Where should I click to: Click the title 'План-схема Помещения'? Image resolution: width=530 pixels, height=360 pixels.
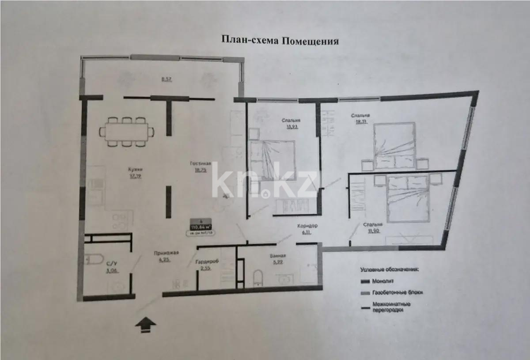(280, 42)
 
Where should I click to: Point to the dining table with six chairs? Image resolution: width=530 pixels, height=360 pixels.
(127, 131)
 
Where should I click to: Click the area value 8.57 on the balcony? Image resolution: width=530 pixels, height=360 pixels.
(167, 80)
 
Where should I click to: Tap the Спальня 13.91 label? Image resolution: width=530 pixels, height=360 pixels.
(291, 120)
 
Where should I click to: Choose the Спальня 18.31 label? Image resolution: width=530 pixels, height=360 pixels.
(360, 116)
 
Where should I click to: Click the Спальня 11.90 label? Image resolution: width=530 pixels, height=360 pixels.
(372, 225)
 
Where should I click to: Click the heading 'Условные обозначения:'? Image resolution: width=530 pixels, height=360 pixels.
(389, 269)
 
